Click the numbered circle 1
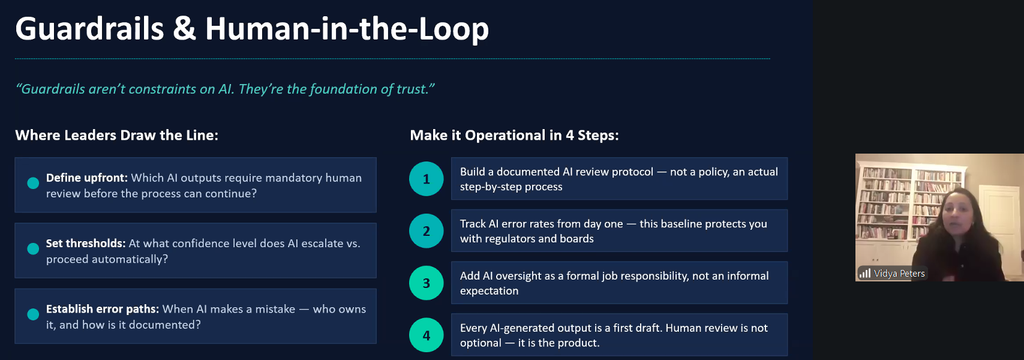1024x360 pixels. [x=427, y=179]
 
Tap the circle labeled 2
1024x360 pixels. [x=427, y=231]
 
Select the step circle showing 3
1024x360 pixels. [x=427, y=283]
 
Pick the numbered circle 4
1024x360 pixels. [x=427, y=335]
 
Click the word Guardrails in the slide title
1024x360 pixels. [x=90, y=29]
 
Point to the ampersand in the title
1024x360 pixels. [x=185, y=29]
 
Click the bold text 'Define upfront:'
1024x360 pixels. [x=86, y=178]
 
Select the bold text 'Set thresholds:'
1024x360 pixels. [x=85, y=243]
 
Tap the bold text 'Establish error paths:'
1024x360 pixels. [x=102, y=309]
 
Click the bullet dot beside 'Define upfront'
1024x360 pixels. [x=33, y=183]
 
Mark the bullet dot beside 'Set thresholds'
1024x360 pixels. [x=33, y=248]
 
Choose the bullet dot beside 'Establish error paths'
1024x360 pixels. [x=33, y=314]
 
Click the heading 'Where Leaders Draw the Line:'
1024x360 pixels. [x=116, y=135]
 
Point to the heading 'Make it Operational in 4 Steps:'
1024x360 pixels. [x=514, y=135]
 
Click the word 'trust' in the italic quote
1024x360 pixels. [x=412, y=89]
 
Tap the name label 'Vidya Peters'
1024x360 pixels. [x=899, y=274]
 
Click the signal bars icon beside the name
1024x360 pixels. [x=865, y=273]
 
